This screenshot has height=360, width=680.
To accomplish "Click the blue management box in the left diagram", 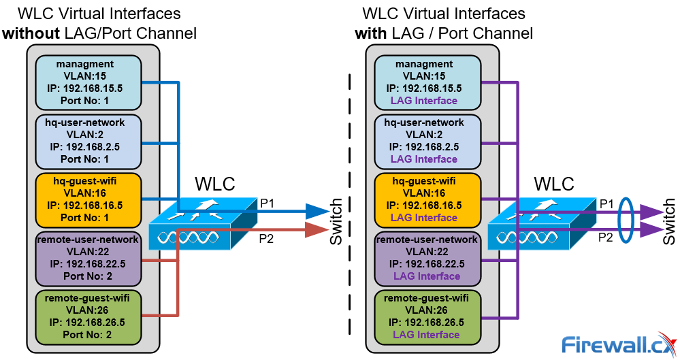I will pos(87,82).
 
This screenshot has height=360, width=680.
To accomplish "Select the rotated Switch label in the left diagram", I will pos(336,222).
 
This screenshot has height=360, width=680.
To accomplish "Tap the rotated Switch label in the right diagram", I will pos(670,222).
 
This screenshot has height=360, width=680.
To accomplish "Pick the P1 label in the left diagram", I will pos(268,203).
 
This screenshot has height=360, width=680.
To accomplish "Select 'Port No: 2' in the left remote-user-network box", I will pos(87,276).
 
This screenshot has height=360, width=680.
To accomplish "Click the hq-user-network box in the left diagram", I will pos(87,141).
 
